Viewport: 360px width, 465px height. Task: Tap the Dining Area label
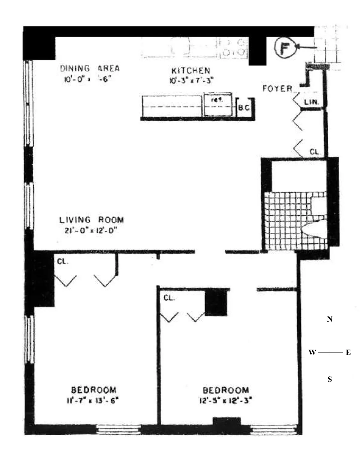tap(90, 68)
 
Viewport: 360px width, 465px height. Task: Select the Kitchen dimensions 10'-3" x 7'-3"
tap(191, 80)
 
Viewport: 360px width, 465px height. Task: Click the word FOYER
tap(277, 88)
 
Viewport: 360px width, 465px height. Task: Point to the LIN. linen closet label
tap(311, 102)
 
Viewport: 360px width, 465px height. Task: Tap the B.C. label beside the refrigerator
tap(244, 107)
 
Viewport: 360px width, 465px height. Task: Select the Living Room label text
tap(91, 220)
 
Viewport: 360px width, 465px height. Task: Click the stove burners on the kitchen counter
tap(234, 47)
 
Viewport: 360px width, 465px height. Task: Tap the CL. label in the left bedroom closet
tap(62, 262)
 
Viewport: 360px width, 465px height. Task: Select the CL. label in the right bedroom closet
tap(169, 298)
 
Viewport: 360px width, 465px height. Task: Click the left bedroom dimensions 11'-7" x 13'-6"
tap(93, 400)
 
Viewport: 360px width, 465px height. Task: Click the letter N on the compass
tap(330, 319)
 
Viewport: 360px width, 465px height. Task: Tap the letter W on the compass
tap(312, 352)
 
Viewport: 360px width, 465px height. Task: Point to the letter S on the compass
tap(330, 379)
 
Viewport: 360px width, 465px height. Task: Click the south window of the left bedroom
tap(118, 429)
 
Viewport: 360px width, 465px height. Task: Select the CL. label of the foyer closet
tap(315, 152)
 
